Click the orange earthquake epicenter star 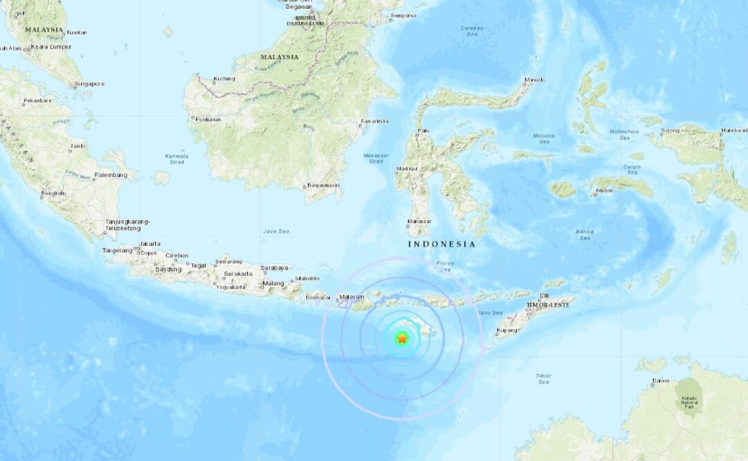coord(401,338)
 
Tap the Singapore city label coord(90,84)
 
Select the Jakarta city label coord(149,244)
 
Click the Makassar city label coord(419,222)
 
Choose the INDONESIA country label coord(441,244)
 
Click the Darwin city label coord(661,381)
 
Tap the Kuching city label coord(224,78)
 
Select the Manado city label coord(534,80)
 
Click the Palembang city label coord(111,175)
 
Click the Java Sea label coord(275,231)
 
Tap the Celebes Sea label coord(471,30)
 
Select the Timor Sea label coord(543,379)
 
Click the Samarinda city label coord(374,122)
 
